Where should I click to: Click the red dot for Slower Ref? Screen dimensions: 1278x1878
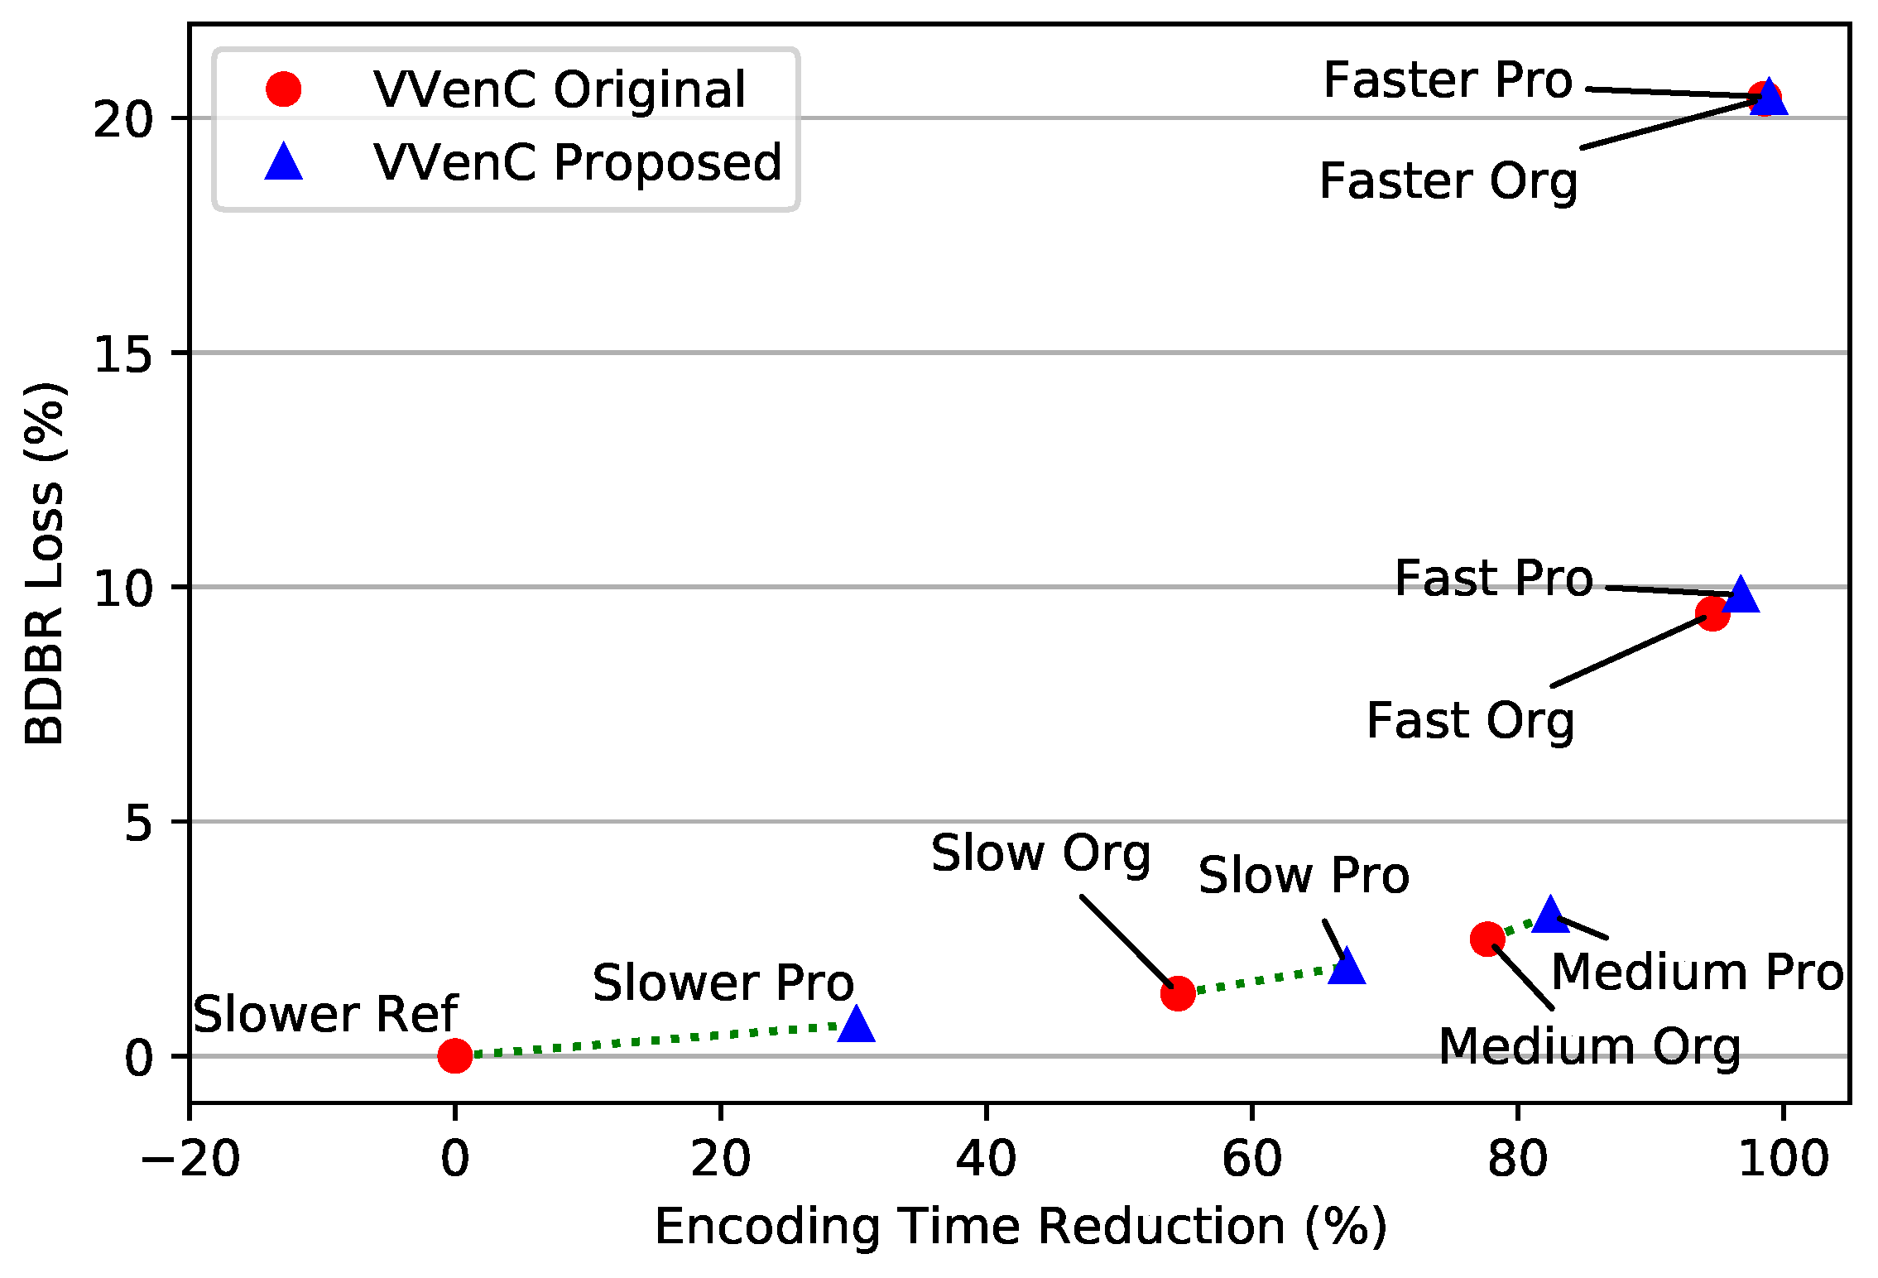454,1055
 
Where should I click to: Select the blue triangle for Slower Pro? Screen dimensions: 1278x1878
856,1025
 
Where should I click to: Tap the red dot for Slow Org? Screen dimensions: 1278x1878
1177,992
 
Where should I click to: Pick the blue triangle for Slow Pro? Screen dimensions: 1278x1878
1346,967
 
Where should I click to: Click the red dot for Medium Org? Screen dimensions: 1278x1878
1487,939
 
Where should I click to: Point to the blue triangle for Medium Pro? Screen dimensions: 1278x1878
1550,914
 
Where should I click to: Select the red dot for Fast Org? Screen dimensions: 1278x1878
1712,613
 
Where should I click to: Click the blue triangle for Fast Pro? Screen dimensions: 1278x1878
1740,594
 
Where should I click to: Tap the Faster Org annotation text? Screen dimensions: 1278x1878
1448,181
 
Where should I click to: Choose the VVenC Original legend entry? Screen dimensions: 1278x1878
559,89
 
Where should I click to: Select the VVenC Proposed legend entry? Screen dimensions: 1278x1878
577,162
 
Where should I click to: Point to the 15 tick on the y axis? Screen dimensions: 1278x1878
124,354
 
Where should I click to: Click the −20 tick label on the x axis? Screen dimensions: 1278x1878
190,1159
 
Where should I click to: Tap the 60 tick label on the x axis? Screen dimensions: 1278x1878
1251,1159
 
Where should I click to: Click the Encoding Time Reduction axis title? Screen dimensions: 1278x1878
1020,1227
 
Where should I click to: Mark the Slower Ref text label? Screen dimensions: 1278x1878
324,1014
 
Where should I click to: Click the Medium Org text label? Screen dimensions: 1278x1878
1589,1047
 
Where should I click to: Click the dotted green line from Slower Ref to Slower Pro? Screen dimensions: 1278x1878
654,1040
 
